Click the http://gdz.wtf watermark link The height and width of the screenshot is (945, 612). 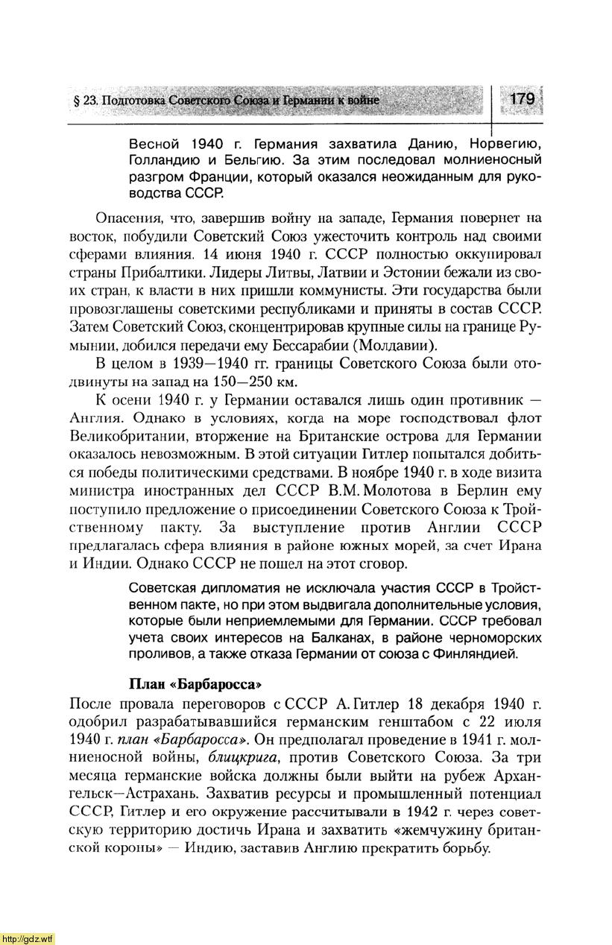click(x=27, y=938)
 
